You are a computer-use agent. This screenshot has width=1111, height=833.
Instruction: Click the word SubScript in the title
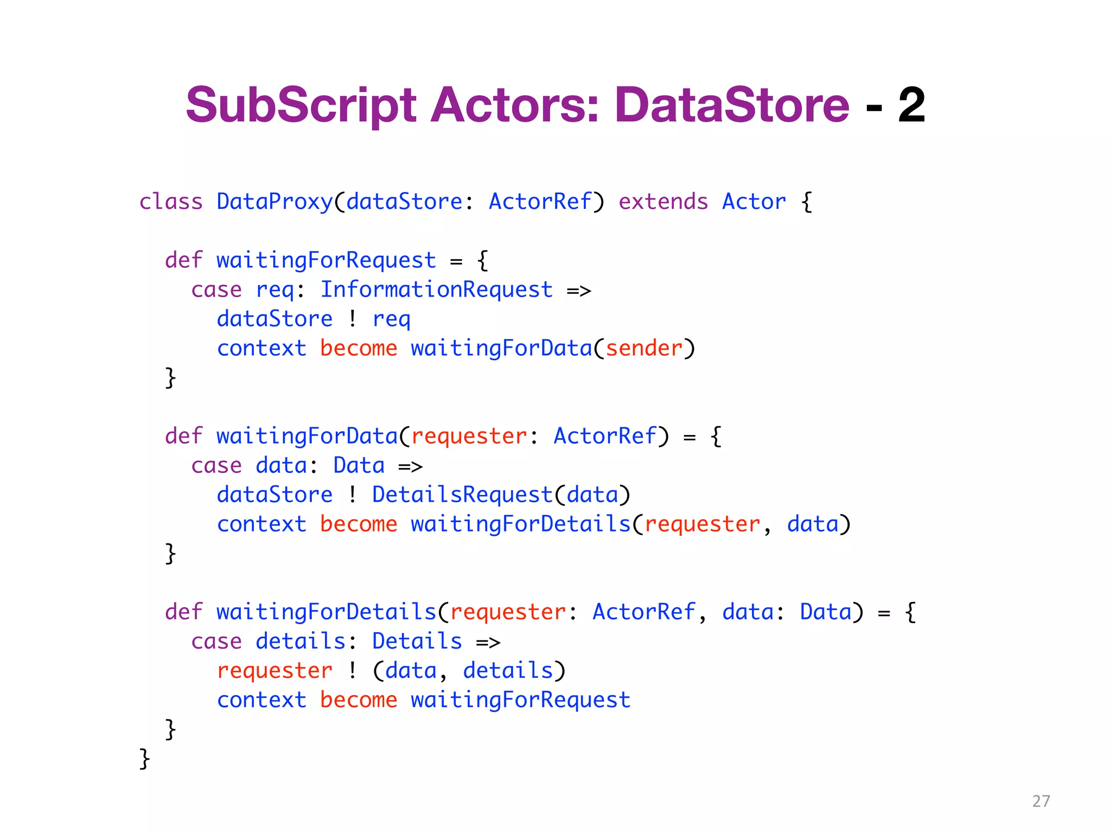click(x=301, y=105)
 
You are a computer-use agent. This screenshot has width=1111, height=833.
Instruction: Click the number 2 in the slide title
click(x=911, y=105)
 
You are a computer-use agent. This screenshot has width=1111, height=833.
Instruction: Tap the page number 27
click(x=1041, y=801)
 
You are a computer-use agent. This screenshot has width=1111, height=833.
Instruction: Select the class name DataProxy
click(x=274, y=202)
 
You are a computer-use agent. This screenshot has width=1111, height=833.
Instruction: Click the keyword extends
click(x=663, y=202)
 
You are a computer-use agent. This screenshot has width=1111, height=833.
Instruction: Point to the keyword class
click(x=171, y=202)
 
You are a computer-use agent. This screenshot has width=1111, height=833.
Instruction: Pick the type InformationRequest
click(x=436, y=290)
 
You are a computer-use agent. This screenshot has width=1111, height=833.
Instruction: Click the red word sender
click(x=644, y=348)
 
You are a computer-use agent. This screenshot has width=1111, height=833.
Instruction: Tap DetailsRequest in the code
click(x=462, y=495)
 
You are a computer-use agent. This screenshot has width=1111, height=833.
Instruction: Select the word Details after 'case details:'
click(x=417, y=641)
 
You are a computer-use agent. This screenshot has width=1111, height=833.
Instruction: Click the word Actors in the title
click(x=514, y=105)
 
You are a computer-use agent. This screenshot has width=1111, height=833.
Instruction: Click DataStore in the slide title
click(x=731, y=105)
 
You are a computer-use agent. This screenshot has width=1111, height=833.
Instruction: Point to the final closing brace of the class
click(x=144, y=758)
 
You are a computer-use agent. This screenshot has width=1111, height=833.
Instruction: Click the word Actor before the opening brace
click(x=754, y=202)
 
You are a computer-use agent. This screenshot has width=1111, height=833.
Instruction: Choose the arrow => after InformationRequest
click(x=579, y=291)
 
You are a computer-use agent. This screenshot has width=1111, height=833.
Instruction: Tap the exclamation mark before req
click(x=353, y=319)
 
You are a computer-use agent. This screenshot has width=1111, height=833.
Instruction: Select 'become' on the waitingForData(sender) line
click(x=359, y=348)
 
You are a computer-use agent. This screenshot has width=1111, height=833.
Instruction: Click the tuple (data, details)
click(x=469, y=671)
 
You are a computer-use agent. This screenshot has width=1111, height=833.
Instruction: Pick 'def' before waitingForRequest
click(x=183, y=260)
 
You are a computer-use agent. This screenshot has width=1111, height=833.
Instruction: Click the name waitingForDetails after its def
click(x=326, y=612)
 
